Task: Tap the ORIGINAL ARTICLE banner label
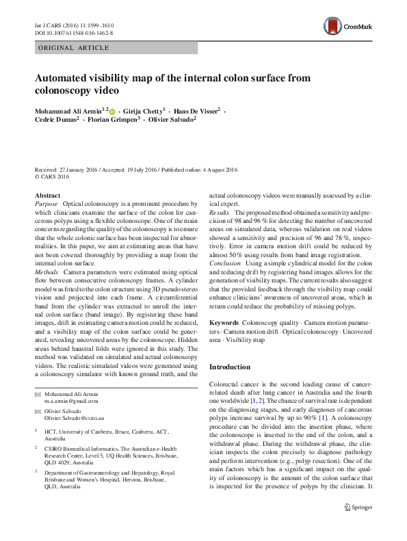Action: [x=73, y=47]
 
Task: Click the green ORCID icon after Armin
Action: [x=112, y=110]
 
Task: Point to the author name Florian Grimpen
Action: [x=115, y=119]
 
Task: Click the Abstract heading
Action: [x=48, y=195]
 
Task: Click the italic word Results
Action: [x=221, y=213]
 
